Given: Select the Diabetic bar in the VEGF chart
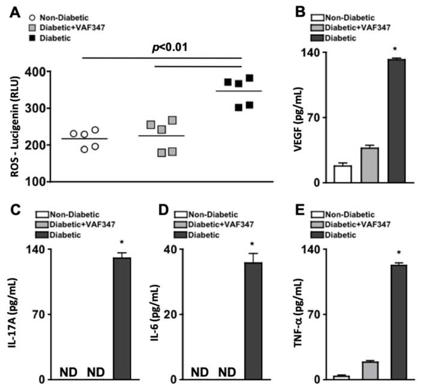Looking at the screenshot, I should coord(397,120).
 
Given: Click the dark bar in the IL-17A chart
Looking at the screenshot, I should coord(122,318).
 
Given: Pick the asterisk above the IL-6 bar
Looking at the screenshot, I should coord(253,244).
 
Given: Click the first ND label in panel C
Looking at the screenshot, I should coord(68,373).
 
